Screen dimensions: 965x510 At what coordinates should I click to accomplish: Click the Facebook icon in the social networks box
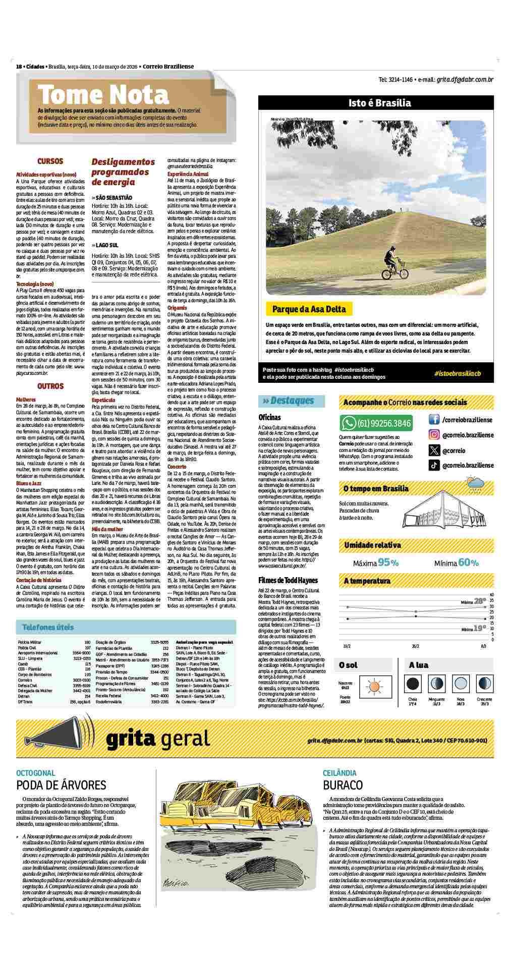point(434,419)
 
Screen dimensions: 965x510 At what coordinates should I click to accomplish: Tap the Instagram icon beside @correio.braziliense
point(434,435)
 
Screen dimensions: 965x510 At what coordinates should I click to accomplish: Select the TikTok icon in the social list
point(434,466)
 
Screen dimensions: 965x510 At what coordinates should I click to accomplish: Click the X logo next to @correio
point(434,450)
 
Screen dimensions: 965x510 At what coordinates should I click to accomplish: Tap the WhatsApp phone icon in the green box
point(349,423)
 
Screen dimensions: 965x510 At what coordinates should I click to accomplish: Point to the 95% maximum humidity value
point(388,562)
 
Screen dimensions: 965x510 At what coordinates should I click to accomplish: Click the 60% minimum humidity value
point(468,562)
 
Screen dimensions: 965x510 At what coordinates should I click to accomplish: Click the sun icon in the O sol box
point(374,686)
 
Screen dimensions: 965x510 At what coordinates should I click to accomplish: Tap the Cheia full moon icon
point(413,684)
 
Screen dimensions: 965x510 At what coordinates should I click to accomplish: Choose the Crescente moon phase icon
point(484,684)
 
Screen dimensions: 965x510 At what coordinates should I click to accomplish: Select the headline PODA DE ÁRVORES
point(61,785)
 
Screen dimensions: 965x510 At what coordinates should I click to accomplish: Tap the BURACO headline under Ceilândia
point(343,785)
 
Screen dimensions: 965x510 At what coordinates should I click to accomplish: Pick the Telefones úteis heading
point(48,627)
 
